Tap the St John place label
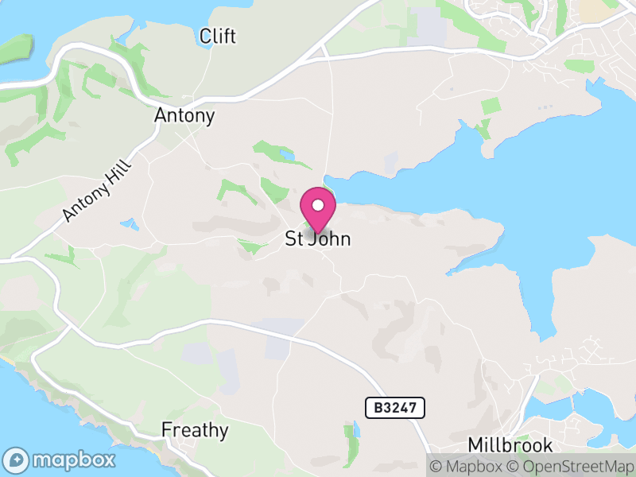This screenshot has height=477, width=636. click(x=317, y=238)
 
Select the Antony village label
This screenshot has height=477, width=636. click(x=184, y=116)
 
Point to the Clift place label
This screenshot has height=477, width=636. click(x=218, y=37)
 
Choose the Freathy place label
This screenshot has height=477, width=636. click(x=195, y=431)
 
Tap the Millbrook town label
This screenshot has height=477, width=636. click(x=510, y=444)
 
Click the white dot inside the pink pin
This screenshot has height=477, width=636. click(x=318, y=205)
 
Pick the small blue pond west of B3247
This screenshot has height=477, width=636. click(x=355, y=430)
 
